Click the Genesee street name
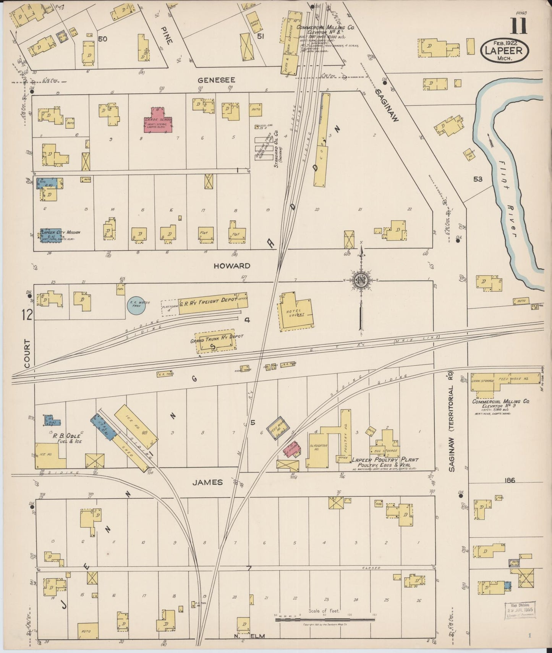pyautogui.click(x=216, y=80)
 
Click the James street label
pyautogui.click(x=207, y=482)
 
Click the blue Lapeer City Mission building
pyautogui.click(x=51, y=236)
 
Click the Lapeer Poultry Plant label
pyautogui.click(x=385, y=460)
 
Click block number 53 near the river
pyautogui.click(x=478, y=179)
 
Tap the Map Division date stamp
pyautogui.click(x=520, y=610)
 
